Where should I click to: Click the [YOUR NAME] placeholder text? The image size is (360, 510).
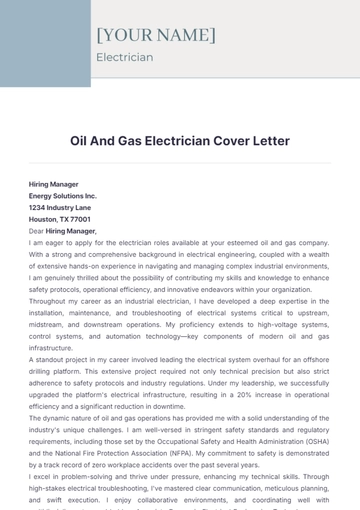point(155,35)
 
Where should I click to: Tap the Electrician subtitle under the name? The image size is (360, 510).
point(124,57)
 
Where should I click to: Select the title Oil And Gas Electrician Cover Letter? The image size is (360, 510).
point(180,141)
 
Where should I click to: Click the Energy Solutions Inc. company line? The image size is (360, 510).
point(63,197)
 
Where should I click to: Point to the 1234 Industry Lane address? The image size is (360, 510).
point(59,208)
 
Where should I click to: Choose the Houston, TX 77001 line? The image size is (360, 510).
point(60,219)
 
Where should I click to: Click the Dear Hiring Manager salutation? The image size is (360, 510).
point(70,230)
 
